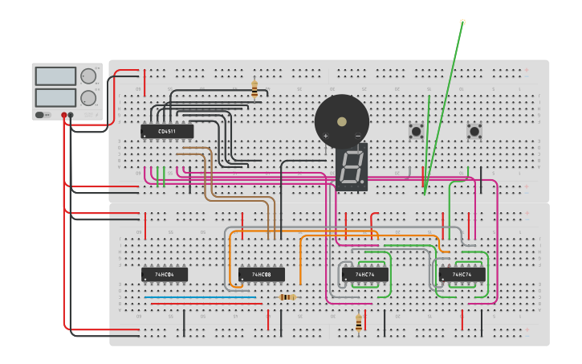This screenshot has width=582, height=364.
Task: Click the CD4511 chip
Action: coord(167,131)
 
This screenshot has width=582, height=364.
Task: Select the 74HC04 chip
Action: coord(165,274)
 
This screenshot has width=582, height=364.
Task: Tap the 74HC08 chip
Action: coord(261,274)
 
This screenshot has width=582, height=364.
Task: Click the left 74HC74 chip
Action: coord(365,274)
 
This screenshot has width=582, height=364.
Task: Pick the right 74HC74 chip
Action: coord(462,274)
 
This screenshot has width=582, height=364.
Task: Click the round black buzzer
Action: coord(342,121)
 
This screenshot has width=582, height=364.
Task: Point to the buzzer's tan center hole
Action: coord(342,121)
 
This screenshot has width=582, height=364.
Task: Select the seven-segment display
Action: coord(352,167)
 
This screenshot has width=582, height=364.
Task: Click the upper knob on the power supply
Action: coord(88,76)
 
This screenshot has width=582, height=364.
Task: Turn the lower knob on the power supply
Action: coord(88,98)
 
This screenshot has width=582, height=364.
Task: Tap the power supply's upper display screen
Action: coord(55,76)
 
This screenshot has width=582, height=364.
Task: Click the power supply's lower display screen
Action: coord(55,97)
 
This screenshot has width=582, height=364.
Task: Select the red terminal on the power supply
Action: coord(64,115)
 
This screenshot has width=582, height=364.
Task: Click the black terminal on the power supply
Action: coord(71,115)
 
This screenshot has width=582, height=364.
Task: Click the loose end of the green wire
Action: coord(462,22)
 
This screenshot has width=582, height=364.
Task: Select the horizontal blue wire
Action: coord(201,297)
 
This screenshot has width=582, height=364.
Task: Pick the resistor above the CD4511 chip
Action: coord(254,89)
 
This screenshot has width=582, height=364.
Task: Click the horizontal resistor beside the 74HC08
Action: coord(287,297)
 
